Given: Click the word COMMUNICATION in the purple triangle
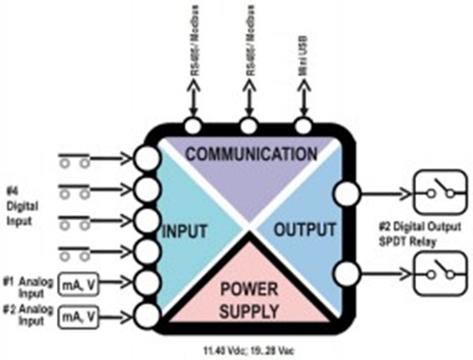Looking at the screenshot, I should pyautogui.click(x=251, y=154).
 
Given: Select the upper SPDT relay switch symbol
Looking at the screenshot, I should pyautogui.click(x=438, y=195).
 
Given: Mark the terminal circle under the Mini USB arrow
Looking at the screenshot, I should pyautogui.click(x=303, y=126).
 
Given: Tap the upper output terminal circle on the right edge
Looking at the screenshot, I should pyautogui.click(x=344, y=194).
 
